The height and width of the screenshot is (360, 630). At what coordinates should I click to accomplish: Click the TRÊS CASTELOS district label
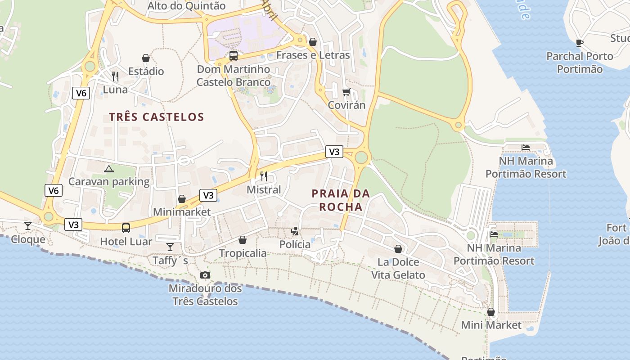click(x=157, y=117)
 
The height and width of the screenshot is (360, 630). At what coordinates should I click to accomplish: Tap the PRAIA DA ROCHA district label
click(x=341, y=200)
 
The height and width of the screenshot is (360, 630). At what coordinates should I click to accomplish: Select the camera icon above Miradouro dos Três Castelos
click(x=205, y=275)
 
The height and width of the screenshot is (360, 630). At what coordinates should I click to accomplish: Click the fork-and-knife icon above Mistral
click(x=264, y=176)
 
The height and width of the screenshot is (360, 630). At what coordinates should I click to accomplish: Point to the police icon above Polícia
click(x=295, y=231)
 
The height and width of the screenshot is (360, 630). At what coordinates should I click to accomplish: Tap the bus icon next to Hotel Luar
click(x=126, y=228)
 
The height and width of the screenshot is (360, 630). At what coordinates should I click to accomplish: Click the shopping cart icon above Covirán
click(x=346, y=92)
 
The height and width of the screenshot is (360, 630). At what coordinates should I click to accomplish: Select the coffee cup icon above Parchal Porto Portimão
click(x=580, y=43)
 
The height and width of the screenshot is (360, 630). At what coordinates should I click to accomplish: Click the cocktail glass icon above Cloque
click(x=28, y=225)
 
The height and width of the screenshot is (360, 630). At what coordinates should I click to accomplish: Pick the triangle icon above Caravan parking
click(x=108, y=169)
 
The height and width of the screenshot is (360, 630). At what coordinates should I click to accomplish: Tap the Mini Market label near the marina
click(x=491, y=325)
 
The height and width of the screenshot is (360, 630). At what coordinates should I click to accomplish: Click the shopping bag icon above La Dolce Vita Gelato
click(x=398, y=249)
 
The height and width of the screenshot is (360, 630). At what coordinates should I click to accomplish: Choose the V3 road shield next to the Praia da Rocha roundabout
click(x=334, y=152)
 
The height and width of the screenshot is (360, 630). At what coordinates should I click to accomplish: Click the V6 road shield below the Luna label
click(x=81, y=93)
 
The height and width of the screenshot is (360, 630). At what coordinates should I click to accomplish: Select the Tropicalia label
click(x=243, y=253)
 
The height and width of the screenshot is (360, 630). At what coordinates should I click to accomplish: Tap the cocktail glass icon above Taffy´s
click(x=170, y=247)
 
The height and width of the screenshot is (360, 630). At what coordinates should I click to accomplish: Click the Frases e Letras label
click(x=313, y=55)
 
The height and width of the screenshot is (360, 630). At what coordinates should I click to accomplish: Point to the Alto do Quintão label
click(x=186, y=6)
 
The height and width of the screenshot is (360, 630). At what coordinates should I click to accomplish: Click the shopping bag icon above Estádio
click(x=146, y=58)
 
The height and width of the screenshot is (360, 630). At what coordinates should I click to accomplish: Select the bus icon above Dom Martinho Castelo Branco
click(x=233, y=56)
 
